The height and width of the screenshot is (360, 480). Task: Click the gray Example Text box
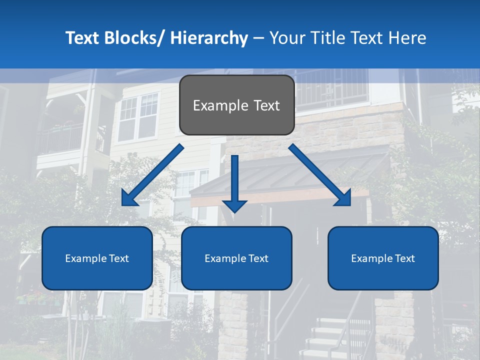236,105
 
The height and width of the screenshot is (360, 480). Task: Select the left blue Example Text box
97,258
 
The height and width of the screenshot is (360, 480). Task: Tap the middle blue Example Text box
236,258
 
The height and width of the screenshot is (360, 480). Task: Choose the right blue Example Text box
383,258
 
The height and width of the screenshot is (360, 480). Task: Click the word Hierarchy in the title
209,38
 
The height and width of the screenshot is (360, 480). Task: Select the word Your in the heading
287,38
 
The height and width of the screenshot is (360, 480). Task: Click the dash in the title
258,38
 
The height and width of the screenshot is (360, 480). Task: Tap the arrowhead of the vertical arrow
235,205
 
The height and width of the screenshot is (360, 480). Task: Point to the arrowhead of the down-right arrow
343,198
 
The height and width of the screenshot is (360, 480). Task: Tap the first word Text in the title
82,38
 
